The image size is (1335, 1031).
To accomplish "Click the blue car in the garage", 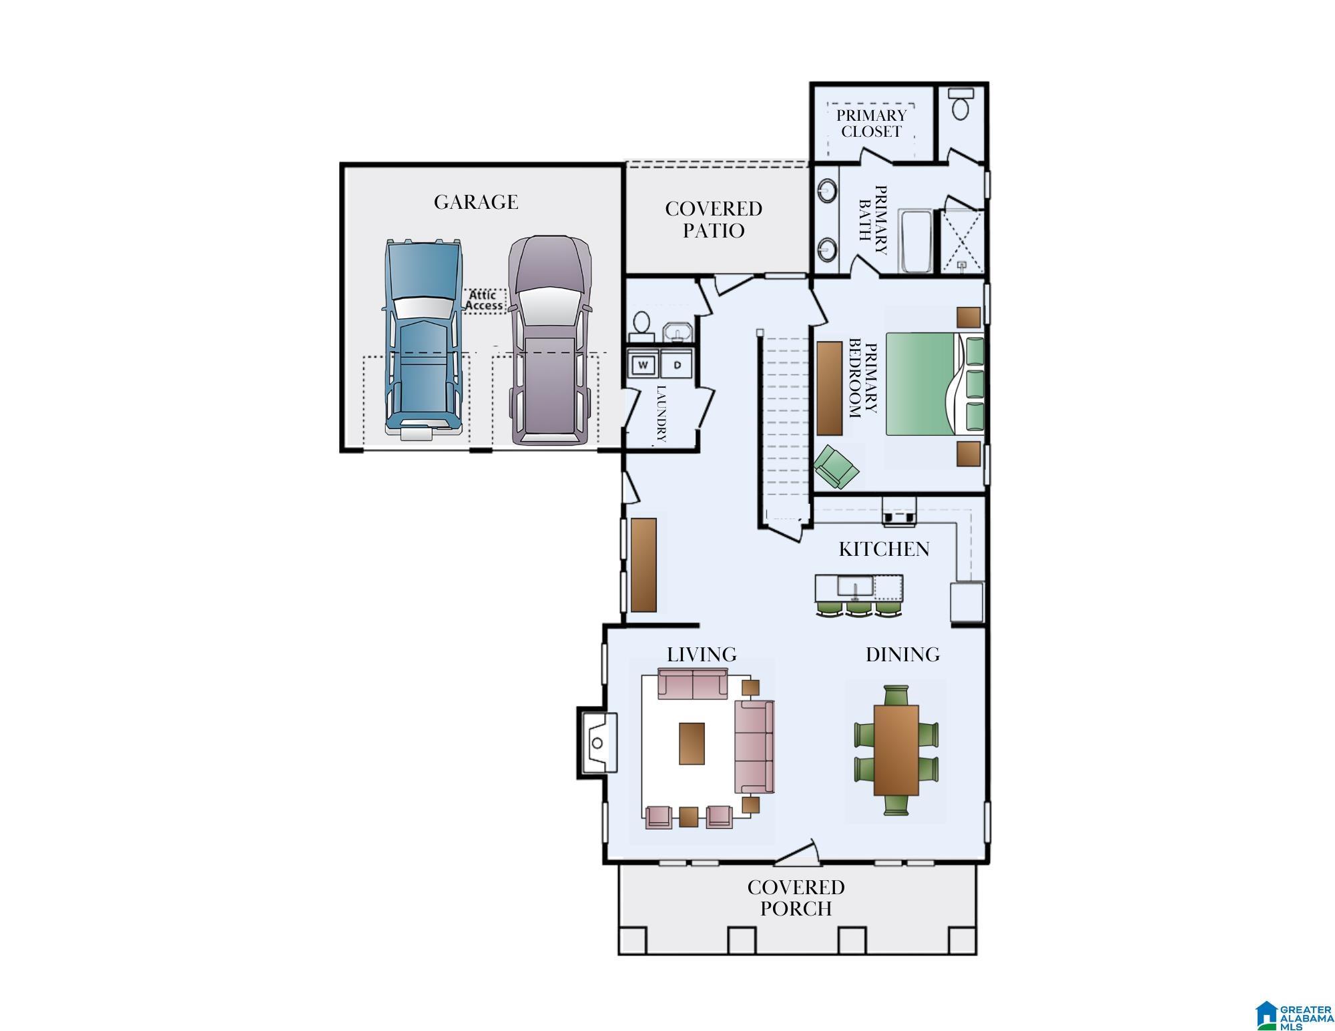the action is tap(423, 340).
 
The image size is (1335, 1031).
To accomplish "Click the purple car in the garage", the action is tap(550, 340).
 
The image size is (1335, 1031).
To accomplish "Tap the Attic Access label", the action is tap(483, 300).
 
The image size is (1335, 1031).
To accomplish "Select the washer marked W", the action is tap(643, 365).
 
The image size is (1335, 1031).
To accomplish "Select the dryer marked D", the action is tap(677, 365).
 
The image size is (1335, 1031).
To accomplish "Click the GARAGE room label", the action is tap(476, 202).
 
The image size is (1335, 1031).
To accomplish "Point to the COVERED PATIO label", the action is tap(714, 220).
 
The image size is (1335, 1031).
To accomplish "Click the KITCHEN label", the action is tap(884, 549).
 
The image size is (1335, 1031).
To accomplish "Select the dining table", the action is tap(896, 749).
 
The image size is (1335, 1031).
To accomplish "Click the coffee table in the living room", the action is tap(692, 743).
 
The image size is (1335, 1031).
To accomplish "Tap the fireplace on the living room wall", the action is tap(597, 743).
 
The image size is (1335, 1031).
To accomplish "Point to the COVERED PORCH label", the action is tap(796, 898).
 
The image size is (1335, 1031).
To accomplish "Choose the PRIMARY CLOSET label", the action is tap(871, 123).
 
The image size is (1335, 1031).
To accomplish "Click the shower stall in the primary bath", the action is tap(962, 242).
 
